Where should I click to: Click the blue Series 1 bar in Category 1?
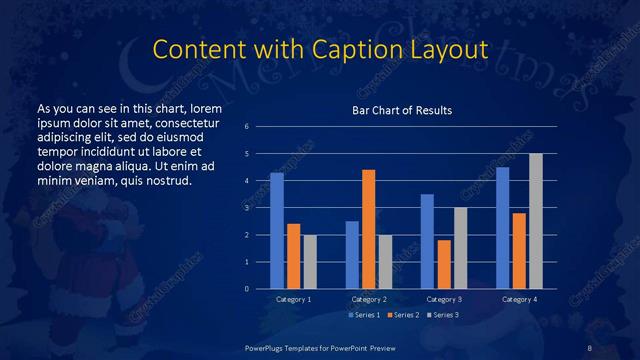pos(277,231)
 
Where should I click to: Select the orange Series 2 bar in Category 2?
pos(368,229)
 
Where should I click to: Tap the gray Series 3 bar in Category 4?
pos(535,221)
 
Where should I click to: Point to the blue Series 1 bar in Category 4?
pos(502,228)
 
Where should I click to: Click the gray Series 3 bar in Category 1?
pos(310,262)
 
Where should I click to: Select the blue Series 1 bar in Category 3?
pos(427,241)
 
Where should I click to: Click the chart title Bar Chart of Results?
pos(401,110)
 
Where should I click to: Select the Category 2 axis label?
pos(368,299)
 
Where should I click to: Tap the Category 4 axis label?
pos(518,299)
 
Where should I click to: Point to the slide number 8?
pos(590,346)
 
